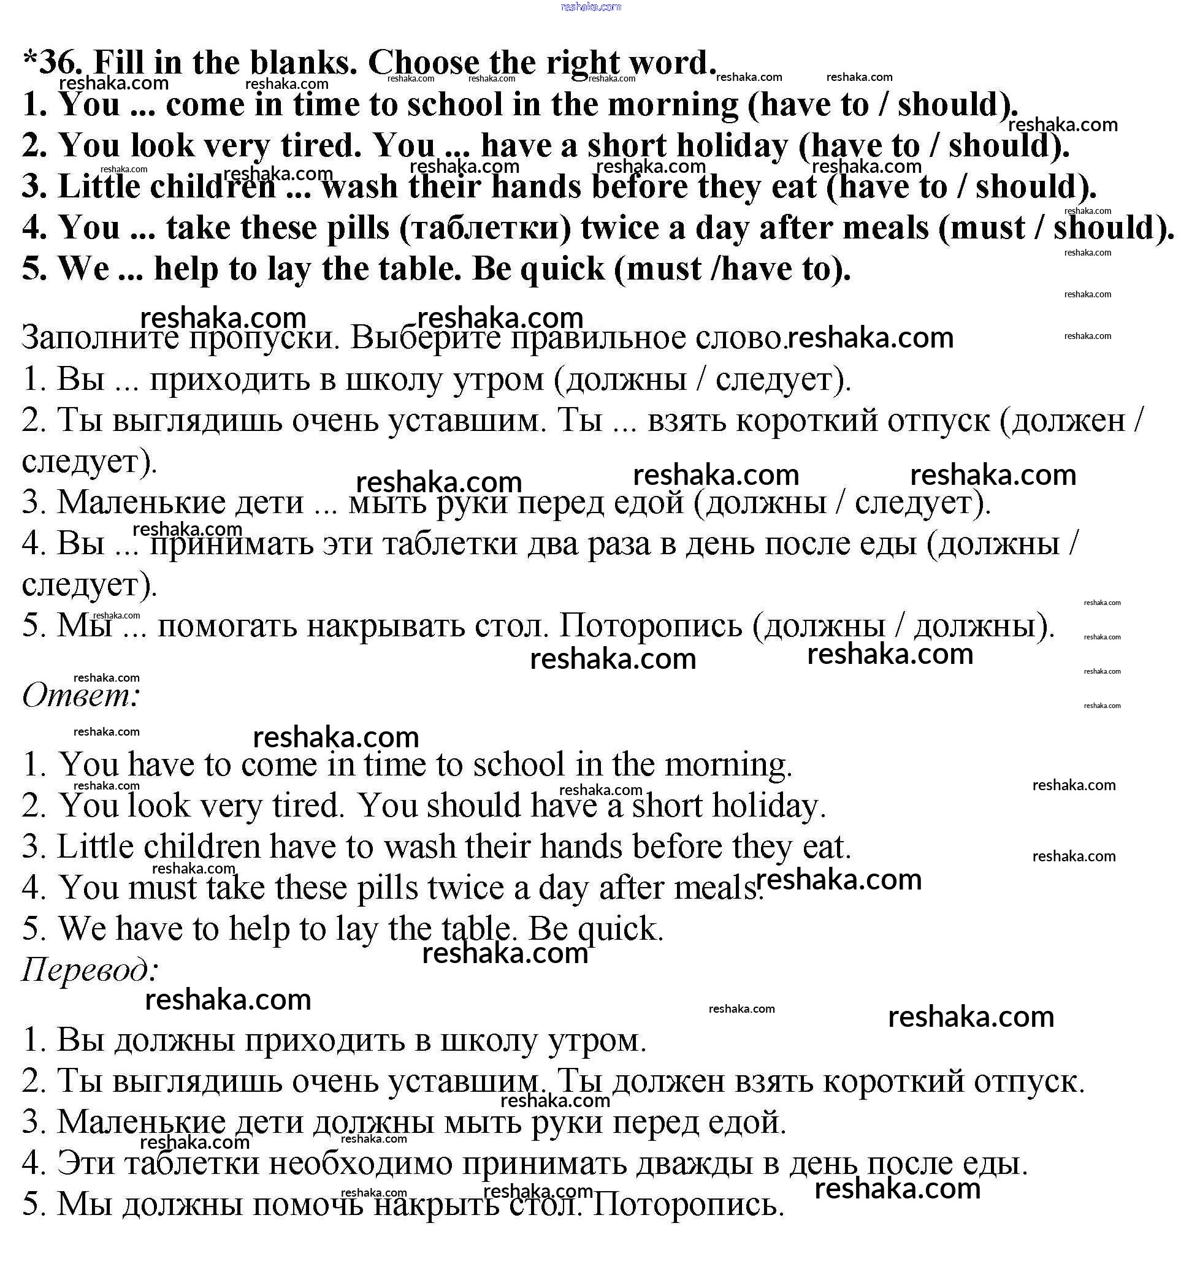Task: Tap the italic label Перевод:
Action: click(x=90, y=969)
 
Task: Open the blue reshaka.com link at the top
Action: click(x=590, y=7)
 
